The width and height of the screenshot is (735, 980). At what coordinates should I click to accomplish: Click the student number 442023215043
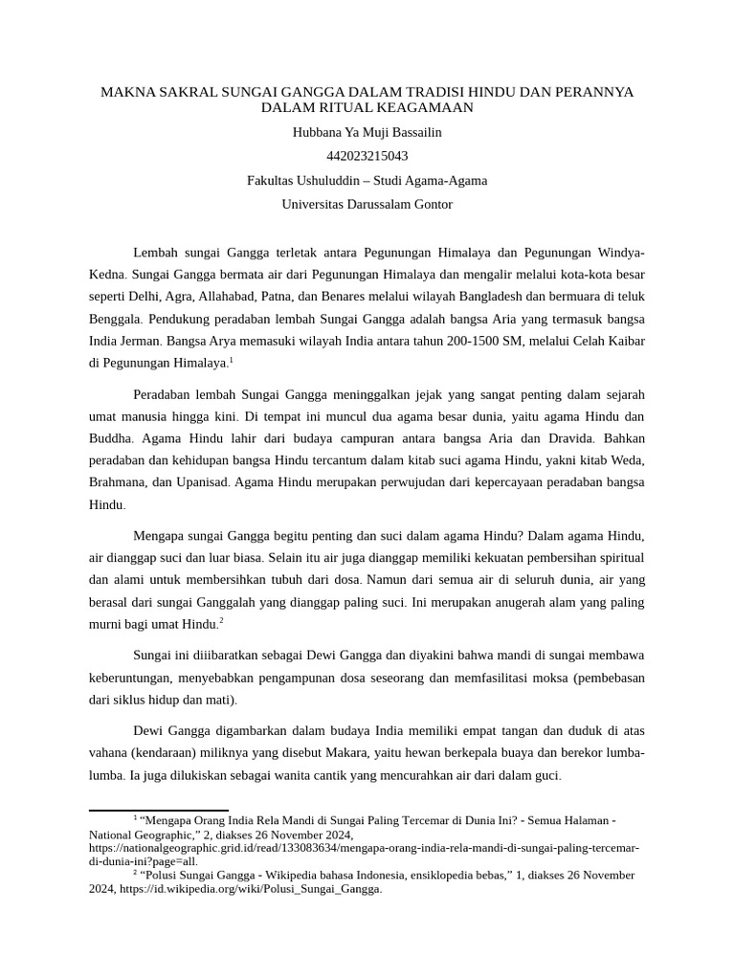click(x=367, y=155)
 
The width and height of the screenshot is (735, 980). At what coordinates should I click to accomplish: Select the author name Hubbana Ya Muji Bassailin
click(x=367, y=132)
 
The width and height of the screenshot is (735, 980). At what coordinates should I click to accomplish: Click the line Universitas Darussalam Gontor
click(x=367, y=204)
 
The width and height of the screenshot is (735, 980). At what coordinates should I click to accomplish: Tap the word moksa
click(x=510, y=678)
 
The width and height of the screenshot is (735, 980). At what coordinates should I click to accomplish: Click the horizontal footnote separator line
click(x=159, y=811)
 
